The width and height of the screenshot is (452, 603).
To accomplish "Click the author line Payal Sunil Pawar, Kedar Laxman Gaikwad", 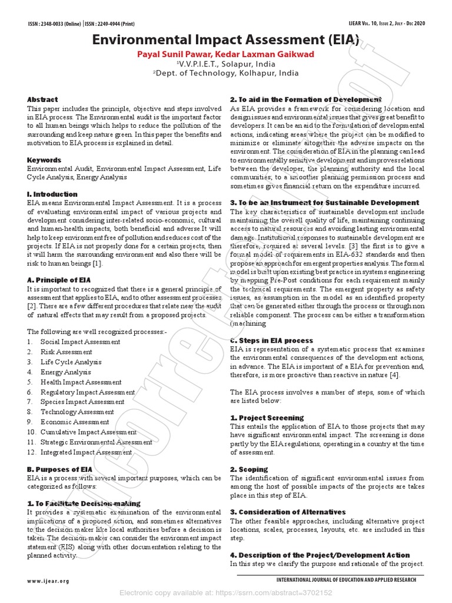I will [225, 54].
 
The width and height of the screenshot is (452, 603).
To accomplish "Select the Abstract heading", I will [42, 100].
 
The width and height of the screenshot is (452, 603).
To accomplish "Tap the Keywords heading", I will [44, 160].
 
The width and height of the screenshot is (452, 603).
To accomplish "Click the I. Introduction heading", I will [52, 194].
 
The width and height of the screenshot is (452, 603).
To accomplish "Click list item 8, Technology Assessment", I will [77, 412].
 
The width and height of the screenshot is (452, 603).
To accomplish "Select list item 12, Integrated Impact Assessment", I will [86, 452].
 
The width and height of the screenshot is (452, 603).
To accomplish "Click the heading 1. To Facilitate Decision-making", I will [84, 503].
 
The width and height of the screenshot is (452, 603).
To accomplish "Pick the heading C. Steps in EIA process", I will [271, 340].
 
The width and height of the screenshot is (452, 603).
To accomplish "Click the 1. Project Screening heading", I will [267, 418].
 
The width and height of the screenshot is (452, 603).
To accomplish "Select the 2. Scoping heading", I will [249, 469].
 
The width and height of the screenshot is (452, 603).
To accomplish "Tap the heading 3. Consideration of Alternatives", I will [288, 512].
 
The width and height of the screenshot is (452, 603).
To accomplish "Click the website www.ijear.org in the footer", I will [48, 581].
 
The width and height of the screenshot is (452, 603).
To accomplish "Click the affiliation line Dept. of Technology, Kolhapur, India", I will [225, 74].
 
